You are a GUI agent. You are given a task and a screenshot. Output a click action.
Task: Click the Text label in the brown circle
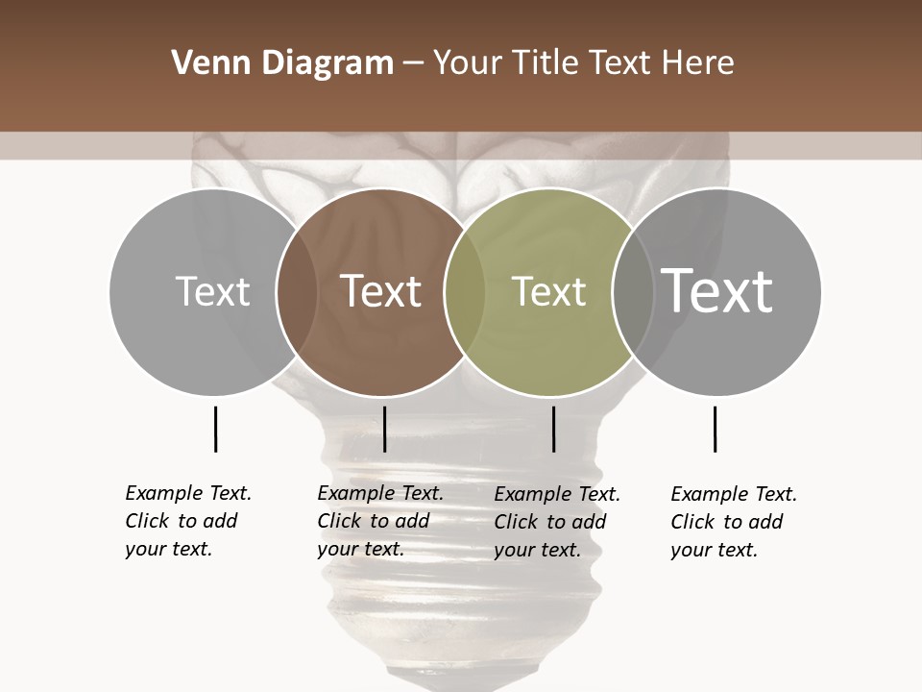pos(380,291)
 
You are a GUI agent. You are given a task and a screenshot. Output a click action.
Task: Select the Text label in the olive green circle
pos(548,291)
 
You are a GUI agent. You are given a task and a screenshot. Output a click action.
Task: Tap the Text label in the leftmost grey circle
pos(212,291)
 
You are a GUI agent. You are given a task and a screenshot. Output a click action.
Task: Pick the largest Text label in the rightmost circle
pos(717,290)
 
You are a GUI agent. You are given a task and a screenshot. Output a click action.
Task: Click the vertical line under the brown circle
pos(384,429)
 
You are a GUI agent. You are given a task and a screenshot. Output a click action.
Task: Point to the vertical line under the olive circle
pos(553,429)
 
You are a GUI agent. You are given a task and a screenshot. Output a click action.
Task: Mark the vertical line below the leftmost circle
pos(215,429)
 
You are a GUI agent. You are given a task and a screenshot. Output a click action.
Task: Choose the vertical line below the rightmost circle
pos(715,429)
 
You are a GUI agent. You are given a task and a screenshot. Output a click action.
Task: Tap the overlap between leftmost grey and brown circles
pos(297,291)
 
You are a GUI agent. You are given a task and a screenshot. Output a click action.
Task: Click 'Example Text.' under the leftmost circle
pos(188,493)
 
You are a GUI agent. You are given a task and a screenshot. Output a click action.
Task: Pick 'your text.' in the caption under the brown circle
pos(360,549)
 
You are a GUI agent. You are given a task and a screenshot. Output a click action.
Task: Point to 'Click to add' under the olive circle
pos(550,522)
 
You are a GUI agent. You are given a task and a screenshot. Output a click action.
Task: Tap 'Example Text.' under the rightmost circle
pos(734,494)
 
